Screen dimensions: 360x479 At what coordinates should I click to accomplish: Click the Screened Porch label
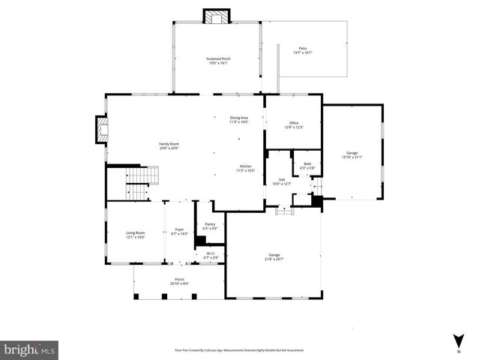(219, 61)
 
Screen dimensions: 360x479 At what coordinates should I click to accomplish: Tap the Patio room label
(302, 50)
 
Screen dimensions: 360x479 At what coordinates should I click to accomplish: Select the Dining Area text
(238, 119)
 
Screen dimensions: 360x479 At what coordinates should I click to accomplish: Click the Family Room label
(169, 145)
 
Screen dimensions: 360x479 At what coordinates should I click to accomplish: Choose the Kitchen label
(245, 168)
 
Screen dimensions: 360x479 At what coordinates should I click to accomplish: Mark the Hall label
(282, 181)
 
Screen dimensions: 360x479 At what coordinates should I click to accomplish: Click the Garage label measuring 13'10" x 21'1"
(352, 154)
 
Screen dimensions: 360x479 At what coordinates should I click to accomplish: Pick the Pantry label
(210, 226)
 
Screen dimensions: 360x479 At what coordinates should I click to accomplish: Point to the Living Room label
(135, 235)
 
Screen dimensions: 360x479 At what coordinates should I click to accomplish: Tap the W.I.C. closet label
(210, 255)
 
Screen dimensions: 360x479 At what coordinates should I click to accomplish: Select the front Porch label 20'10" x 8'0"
(180, 281)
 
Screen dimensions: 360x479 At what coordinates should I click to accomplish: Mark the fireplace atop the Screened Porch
(217, 17)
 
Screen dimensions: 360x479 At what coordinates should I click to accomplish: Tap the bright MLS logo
(30, 349)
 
